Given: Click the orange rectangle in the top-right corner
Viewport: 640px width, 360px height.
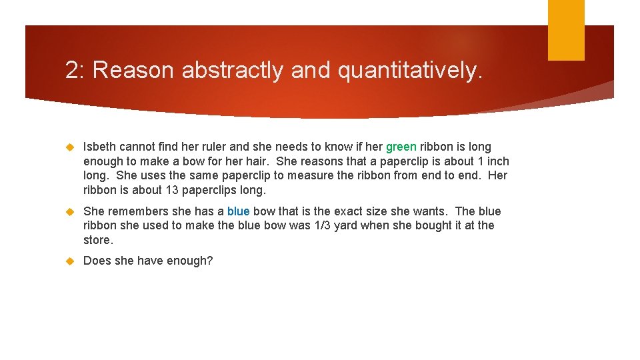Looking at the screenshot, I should (x=566, y=29).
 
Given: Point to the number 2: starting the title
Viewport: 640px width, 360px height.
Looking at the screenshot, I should (x=75, y=70).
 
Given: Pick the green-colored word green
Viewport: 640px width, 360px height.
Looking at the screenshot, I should (x=401, y=147).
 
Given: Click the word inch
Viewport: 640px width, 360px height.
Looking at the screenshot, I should (x=497, y=161).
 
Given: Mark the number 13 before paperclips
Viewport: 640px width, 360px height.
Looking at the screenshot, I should (x=171, y=190).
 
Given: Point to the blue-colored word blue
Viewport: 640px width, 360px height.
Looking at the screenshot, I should (x=238, y=211).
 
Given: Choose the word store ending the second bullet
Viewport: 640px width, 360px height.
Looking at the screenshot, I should (x=97, y=240).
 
